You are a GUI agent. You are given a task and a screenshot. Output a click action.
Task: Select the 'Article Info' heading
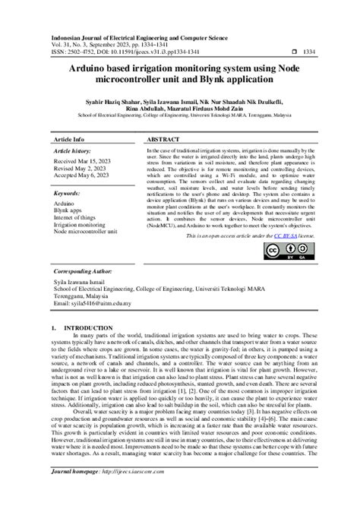coord(68,141)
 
